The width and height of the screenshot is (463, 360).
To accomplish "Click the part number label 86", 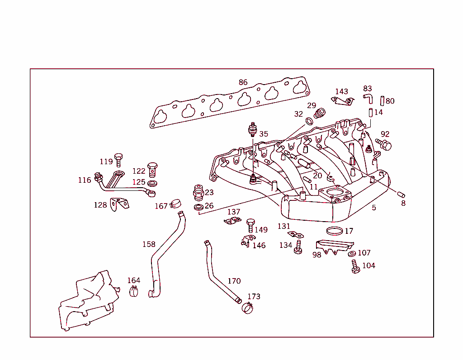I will pos(243,82).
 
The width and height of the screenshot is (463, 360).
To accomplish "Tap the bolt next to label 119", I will pos(118,160).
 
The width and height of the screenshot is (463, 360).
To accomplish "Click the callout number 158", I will pos(149,244).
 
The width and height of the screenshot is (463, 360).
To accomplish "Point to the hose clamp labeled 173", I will pos(248,308).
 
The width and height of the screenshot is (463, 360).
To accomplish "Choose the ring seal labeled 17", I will pos(334,231).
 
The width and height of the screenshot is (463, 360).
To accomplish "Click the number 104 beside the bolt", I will pos(369,266).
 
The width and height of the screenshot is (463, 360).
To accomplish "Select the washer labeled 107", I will pos(352,253).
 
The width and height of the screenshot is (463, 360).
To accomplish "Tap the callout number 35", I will pos(264,134).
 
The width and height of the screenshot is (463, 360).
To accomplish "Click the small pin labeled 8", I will pos(401,195).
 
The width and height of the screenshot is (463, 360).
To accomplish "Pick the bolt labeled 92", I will pos(383,144).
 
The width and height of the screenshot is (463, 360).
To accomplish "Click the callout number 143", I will pos(341,92).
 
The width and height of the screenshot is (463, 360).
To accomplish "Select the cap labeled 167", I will pos(175,204).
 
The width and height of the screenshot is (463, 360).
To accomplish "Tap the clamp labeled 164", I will pos(134,292).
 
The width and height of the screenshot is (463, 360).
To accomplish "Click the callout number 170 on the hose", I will pos(234,281).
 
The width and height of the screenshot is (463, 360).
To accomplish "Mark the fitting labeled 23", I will pos(198,193).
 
